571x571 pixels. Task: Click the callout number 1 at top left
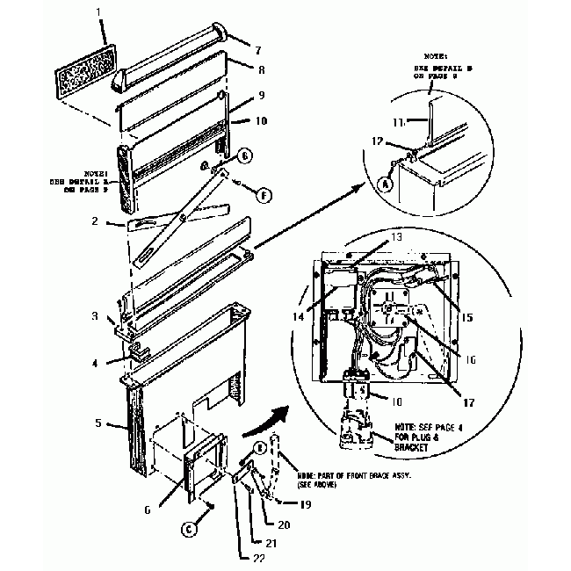[99, 13]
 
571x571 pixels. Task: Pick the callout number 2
[106, 222]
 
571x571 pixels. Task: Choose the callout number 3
[103, 315]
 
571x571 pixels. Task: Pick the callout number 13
[396, 237]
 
